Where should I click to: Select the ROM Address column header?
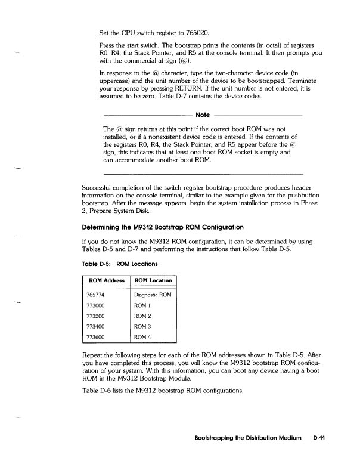pyautogui.click(x=105, y=280)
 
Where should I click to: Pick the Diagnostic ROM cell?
pyautogui.click(x=153, y=295)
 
